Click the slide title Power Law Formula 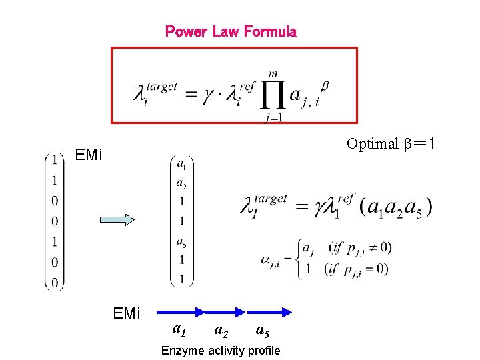(231, 31)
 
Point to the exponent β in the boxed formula (324, 85)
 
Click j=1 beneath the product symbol (272, 119)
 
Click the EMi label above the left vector (89, 155)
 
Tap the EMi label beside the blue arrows (127, 312)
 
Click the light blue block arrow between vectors (117, 220)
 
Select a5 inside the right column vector (181, 241)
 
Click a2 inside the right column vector (181, 183)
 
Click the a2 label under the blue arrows (219, 329)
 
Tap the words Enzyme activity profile (221, 351)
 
